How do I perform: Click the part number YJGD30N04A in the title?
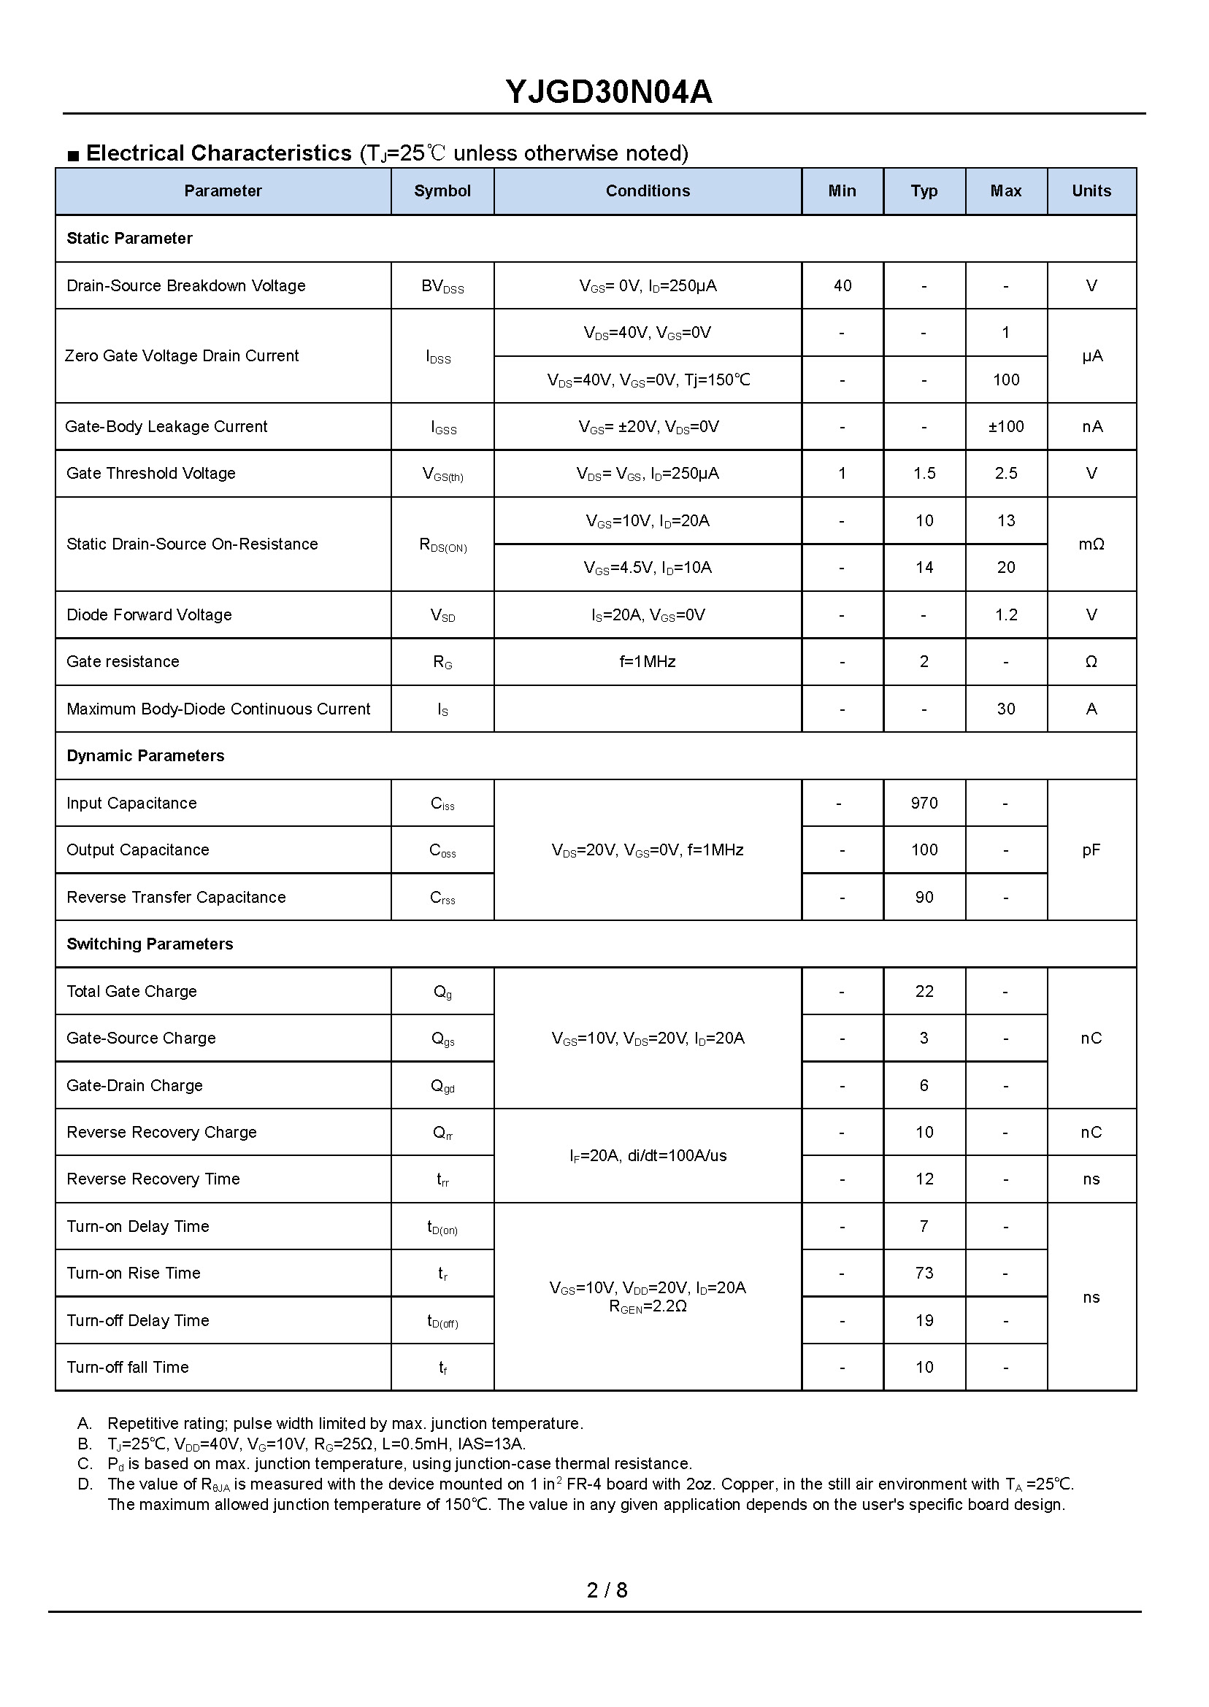click(608, 92)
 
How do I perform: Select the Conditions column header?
click(647, 191)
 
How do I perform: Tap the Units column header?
click(1091, 191)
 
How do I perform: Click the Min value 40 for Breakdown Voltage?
click(842, 286)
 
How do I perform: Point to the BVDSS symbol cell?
click(442, 287)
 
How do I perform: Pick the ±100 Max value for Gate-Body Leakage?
click(1005, 427)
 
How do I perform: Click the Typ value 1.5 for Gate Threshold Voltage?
click(924, 474)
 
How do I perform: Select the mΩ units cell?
click(1091, 544)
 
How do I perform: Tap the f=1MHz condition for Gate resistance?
click(647, 662)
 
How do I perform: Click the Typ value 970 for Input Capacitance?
click(924, 804)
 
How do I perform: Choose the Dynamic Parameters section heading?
click(145, 756)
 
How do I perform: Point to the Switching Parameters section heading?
click(150, 944)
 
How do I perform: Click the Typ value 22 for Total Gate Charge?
click(924, 992)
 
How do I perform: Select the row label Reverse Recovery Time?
click(153, 1179)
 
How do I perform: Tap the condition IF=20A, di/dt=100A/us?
click(647, 1155)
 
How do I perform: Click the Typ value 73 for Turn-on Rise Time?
click(924, 1273)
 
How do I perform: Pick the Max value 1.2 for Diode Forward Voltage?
click(1005, 615)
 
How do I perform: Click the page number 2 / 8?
click(607, 1591)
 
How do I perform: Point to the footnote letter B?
click(85, 1444)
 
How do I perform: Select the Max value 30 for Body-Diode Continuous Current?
click(1005, 709)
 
